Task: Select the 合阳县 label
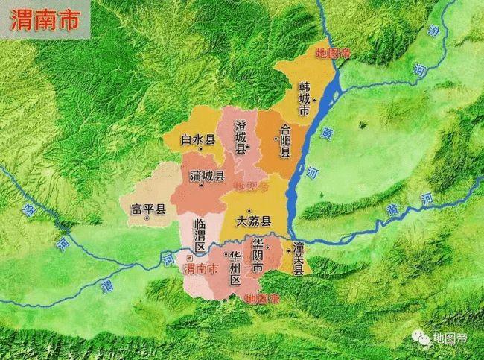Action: coord(284,142)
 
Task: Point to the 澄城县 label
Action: coord(241,136)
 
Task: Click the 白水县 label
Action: coord(197,139)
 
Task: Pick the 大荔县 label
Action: coord(253,221)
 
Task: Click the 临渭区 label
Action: coord(200,234)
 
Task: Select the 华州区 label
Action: coord(235,268)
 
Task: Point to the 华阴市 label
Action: coord(257,256)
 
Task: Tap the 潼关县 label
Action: coord(298,259)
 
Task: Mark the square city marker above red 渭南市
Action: coord(189,257)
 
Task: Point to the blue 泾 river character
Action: coord(31,211)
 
